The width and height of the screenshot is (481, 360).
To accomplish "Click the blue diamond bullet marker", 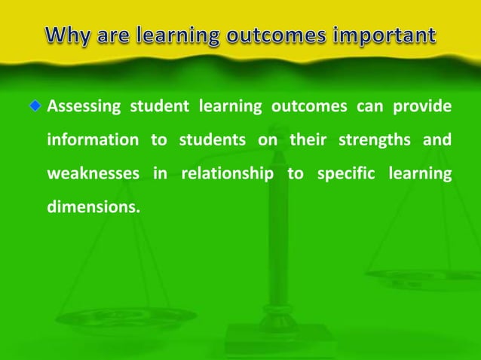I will pyautogui.click(x=35, y=106).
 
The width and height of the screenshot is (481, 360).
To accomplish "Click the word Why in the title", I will pyautogui.click(x=66, y=35).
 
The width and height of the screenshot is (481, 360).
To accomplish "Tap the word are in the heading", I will pyautogui.click(x=117, y=35).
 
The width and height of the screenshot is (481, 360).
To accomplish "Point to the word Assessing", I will pyautogui.click(x=82, y=107).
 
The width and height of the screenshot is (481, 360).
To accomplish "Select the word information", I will pyautogui.click(x=93, y=141).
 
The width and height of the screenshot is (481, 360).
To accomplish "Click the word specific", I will pyautogui.click(x=343, y=175).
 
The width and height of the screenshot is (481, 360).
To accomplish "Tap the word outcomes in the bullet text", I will pyautogui.click(x=302, y=107).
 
